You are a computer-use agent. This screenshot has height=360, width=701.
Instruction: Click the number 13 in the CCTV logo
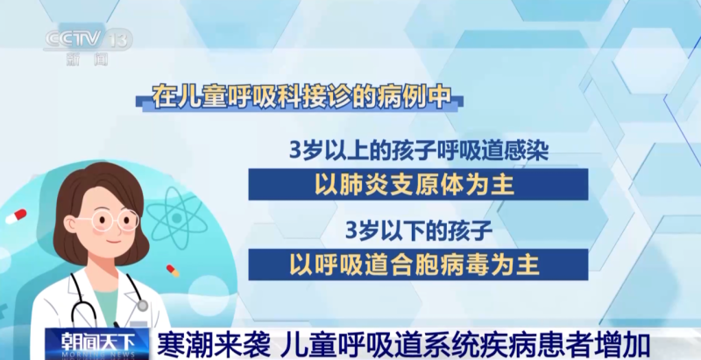pyautogui.click(x=119, y=39)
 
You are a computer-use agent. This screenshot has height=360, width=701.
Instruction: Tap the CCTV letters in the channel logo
pyautogui.click(x=74, y=39)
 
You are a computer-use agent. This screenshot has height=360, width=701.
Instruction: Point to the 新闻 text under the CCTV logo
pyautogui.click(x=87, y=59)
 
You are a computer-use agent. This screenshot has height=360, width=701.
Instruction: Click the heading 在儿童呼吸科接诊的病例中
pyautogui.click(x=300, y=96)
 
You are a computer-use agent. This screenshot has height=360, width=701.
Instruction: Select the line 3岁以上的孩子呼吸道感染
pyautogui.click(x=419, y=151)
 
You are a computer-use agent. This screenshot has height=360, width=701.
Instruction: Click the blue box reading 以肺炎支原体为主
pyautogui.click(x=418, y=184)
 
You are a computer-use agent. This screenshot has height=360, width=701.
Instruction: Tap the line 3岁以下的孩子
pyautogui.click(x=419, y=231)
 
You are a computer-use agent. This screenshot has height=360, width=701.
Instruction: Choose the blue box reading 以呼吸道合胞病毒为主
pyautogui.click(x=418, y=265)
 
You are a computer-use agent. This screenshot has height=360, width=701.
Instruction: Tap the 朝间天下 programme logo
pyautogui.click(x=97, y=344)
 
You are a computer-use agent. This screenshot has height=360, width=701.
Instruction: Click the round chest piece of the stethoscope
pyautogui.click(x=142, y=306)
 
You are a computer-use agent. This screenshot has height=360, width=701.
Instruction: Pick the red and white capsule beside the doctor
pyautogui.click(x=16, y=216)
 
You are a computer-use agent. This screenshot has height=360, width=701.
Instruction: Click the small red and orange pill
pyautogui.click(x=173, y=271)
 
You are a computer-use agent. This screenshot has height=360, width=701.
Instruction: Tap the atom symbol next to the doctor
pyautogui.click(x=177, y=218)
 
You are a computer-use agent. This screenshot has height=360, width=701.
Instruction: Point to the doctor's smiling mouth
pyautogui.click(x=113, y=242)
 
